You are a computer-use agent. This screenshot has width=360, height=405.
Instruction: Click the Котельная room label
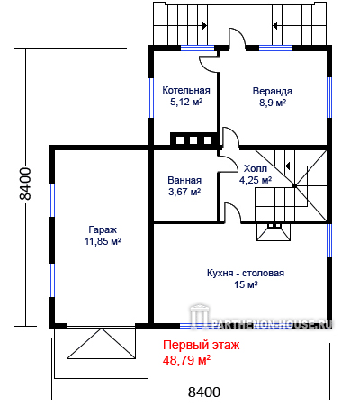click(x=186, y=90)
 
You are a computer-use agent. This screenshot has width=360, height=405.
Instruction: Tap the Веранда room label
click(x=272, y=91)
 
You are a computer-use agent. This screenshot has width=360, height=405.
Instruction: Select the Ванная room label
click(x=184, y=180)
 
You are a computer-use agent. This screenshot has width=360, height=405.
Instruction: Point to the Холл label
click(x=256, y=168)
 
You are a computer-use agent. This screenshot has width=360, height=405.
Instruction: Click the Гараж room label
click(x=103, y=229)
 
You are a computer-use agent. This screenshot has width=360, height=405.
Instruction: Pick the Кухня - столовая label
click(x=246, y=273)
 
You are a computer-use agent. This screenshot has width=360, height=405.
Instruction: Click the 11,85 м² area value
click(x=103, y=241)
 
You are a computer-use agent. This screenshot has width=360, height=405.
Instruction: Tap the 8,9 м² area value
click(x=273, y=103)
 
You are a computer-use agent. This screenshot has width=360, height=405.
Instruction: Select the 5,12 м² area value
click(x=186, y=102)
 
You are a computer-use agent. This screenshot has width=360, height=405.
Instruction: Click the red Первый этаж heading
click(x=202, y=345)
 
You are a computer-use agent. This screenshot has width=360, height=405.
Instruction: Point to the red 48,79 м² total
click(x=186, y=360)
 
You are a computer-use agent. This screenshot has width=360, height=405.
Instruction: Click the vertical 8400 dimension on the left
click(x=25, y=184)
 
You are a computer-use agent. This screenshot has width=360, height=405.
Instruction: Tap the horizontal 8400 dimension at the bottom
click(x=204, y=391)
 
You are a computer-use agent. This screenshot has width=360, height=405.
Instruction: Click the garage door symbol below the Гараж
click(x=101, y=343)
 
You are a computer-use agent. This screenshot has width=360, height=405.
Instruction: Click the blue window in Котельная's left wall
click(x=151, y=98)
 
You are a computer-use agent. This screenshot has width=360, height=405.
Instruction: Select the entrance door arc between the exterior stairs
click(x=238, y=38)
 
